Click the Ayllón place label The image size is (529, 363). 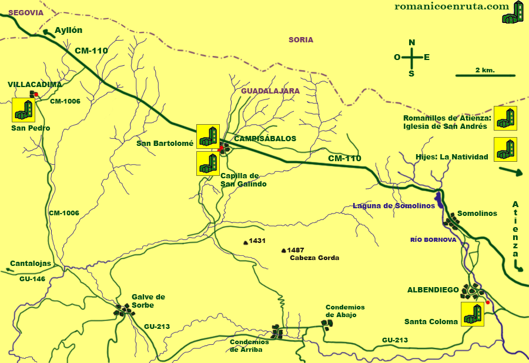pos(68,31)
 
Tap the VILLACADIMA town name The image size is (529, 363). pos(35,85)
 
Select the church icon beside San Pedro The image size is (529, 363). pos(24,109)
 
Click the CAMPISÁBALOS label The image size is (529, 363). pos(265,139)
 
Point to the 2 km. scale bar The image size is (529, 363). pos(486,75)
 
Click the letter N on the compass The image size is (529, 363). pos(412,42)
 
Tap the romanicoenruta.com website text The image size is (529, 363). pos(451,6)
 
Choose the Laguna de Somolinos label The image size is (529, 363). pos(394,206)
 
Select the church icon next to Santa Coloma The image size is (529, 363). pos(472,314)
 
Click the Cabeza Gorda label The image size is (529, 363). pos(314,258)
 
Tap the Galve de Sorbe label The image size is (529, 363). pos(148,301)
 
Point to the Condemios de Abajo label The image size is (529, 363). pos(345,311)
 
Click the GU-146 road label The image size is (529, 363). pos(32,279)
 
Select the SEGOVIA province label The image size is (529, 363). pos(22,12)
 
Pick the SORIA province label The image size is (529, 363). pos(301,40)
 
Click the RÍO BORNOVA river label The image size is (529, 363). pos(433,240)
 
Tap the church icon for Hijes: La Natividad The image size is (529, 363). pos(505,149)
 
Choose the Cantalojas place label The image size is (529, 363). pos(31,264)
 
